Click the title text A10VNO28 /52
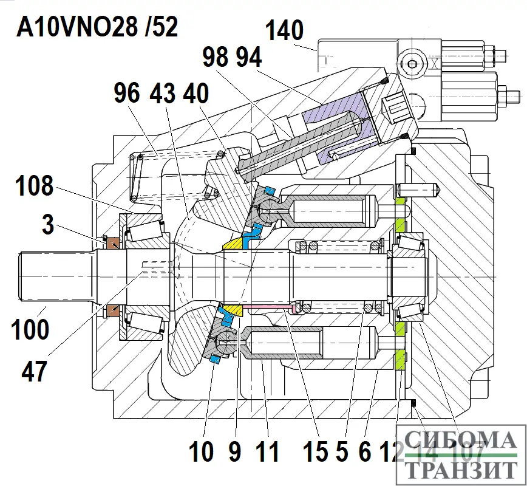pos(98,27)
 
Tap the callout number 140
pos(284,30)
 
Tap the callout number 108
pos(35,186)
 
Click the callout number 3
pos(48,227)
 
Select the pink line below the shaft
pos(267,307)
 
